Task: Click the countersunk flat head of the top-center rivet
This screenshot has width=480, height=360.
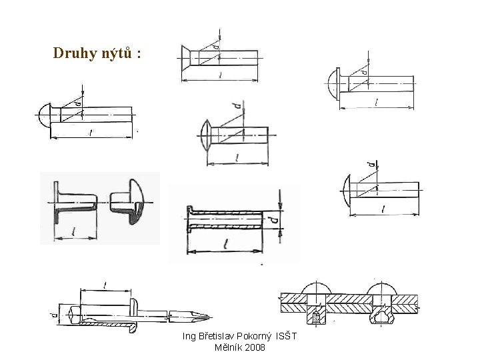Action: [x=188, y=59]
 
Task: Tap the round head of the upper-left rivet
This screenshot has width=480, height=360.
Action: [x=43, y=115]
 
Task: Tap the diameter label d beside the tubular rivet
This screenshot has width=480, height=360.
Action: [x=273, y=217]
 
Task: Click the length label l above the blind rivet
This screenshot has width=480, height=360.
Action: [x=106, y=285]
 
